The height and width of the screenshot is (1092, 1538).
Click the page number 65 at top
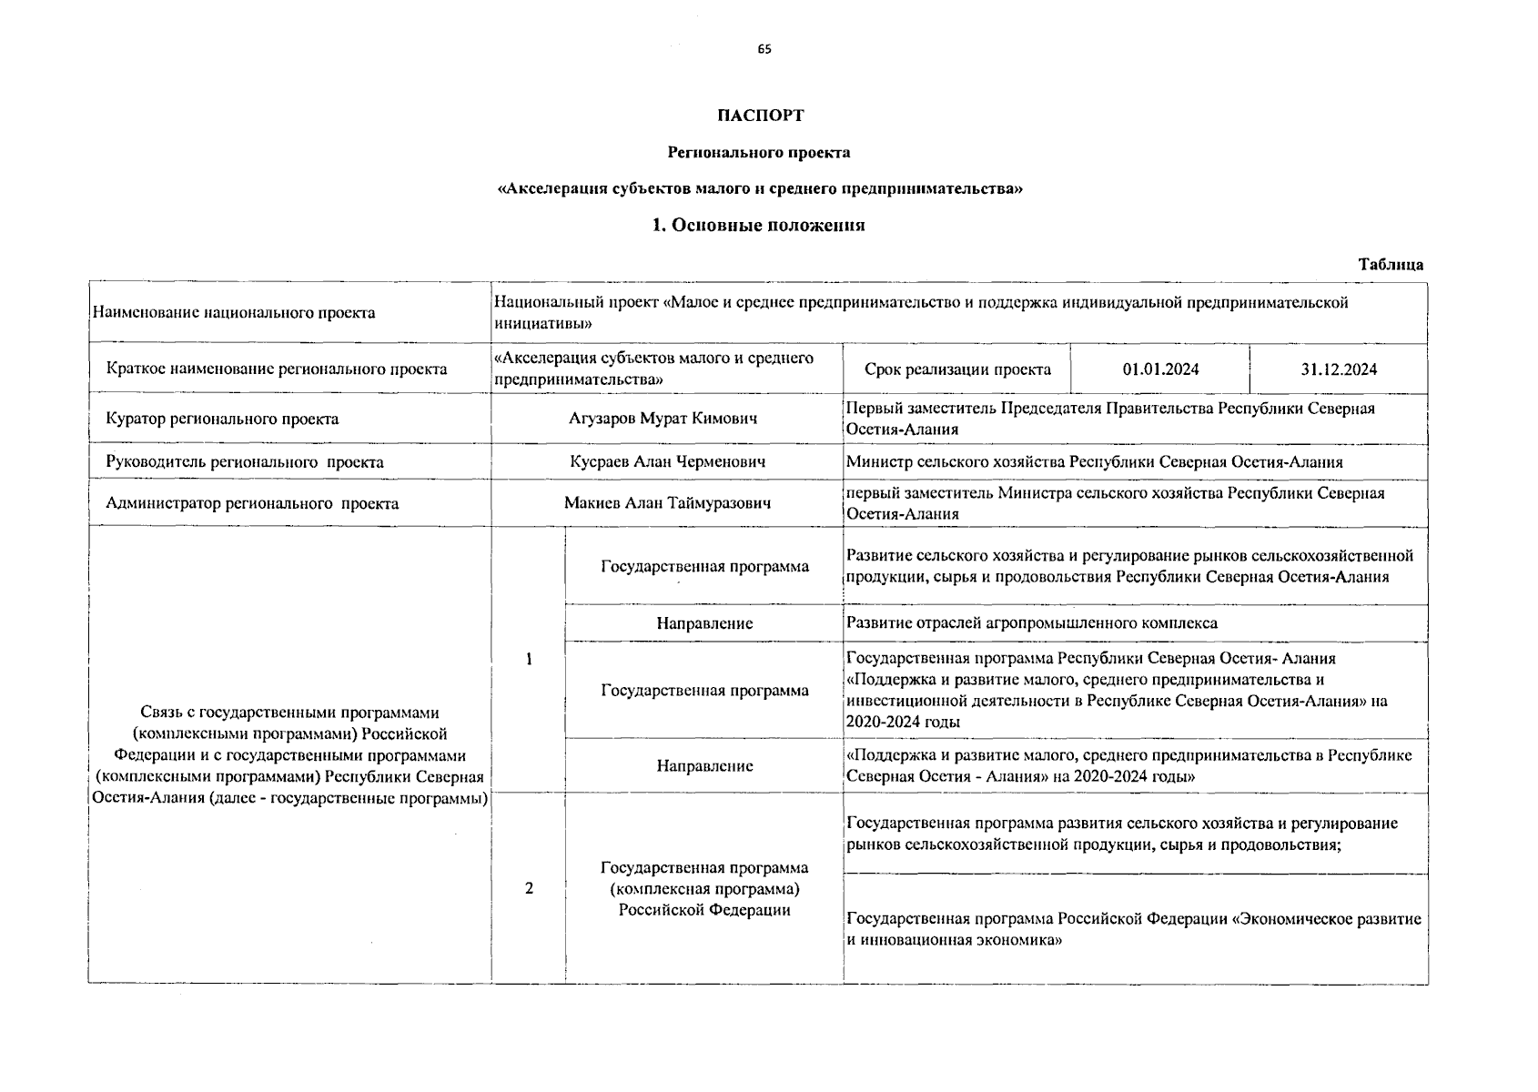(764, 50)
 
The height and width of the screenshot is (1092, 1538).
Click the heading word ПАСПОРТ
(760, 116)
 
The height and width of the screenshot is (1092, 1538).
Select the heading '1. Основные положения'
(759, 226)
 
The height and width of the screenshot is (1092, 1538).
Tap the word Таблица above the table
(1391, 265)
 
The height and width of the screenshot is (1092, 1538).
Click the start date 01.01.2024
(1160, 369)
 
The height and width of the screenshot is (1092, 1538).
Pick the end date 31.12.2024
(1339, 369)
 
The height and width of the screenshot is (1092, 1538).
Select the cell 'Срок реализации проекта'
(957, 369)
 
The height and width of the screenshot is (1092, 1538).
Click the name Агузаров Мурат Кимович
(663, 419)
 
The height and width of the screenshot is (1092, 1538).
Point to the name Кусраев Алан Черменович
(667, 461)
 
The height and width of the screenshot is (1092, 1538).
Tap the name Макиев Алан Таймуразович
(667, 503)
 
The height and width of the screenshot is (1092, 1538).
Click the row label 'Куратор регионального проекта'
(222, 419)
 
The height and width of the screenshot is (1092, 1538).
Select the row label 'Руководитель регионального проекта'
(245, 461)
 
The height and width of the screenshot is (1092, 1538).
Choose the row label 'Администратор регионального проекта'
(252, 503)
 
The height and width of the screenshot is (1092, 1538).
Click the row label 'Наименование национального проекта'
(233, 313)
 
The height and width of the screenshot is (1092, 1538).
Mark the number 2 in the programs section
(529, 888)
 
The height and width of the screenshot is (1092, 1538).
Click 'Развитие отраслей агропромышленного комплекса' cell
(1031, 623)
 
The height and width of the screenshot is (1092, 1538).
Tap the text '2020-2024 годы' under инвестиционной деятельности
(903, 723)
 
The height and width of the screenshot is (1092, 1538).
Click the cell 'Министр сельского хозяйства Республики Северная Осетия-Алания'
(1094, 462)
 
